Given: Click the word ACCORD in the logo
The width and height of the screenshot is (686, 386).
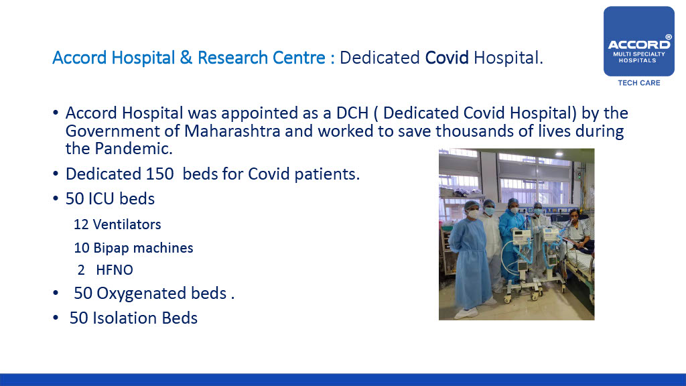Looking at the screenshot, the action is tap(638, 44).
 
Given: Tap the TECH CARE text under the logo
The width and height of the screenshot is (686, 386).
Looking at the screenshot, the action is tap(638, 82).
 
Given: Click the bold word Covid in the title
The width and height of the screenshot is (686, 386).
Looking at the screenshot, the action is tap(447, 58).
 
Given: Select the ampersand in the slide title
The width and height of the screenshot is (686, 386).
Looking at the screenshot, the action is tap(186, 58).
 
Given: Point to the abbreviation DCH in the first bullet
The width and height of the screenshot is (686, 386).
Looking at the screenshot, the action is tap(352, 113).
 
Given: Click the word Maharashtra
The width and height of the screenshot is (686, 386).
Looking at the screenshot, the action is tap(232, 131).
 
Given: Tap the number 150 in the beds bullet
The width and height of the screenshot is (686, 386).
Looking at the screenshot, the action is tap(159, 174).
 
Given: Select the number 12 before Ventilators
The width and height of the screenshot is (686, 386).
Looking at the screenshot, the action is tap(81, 224).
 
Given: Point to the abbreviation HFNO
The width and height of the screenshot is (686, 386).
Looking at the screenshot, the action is tap(115, 270).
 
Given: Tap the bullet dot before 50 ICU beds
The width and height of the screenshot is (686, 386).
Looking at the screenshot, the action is tap(56, 198).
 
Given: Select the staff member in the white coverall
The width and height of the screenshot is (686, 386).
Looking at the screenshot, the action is tap(490, 245).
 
